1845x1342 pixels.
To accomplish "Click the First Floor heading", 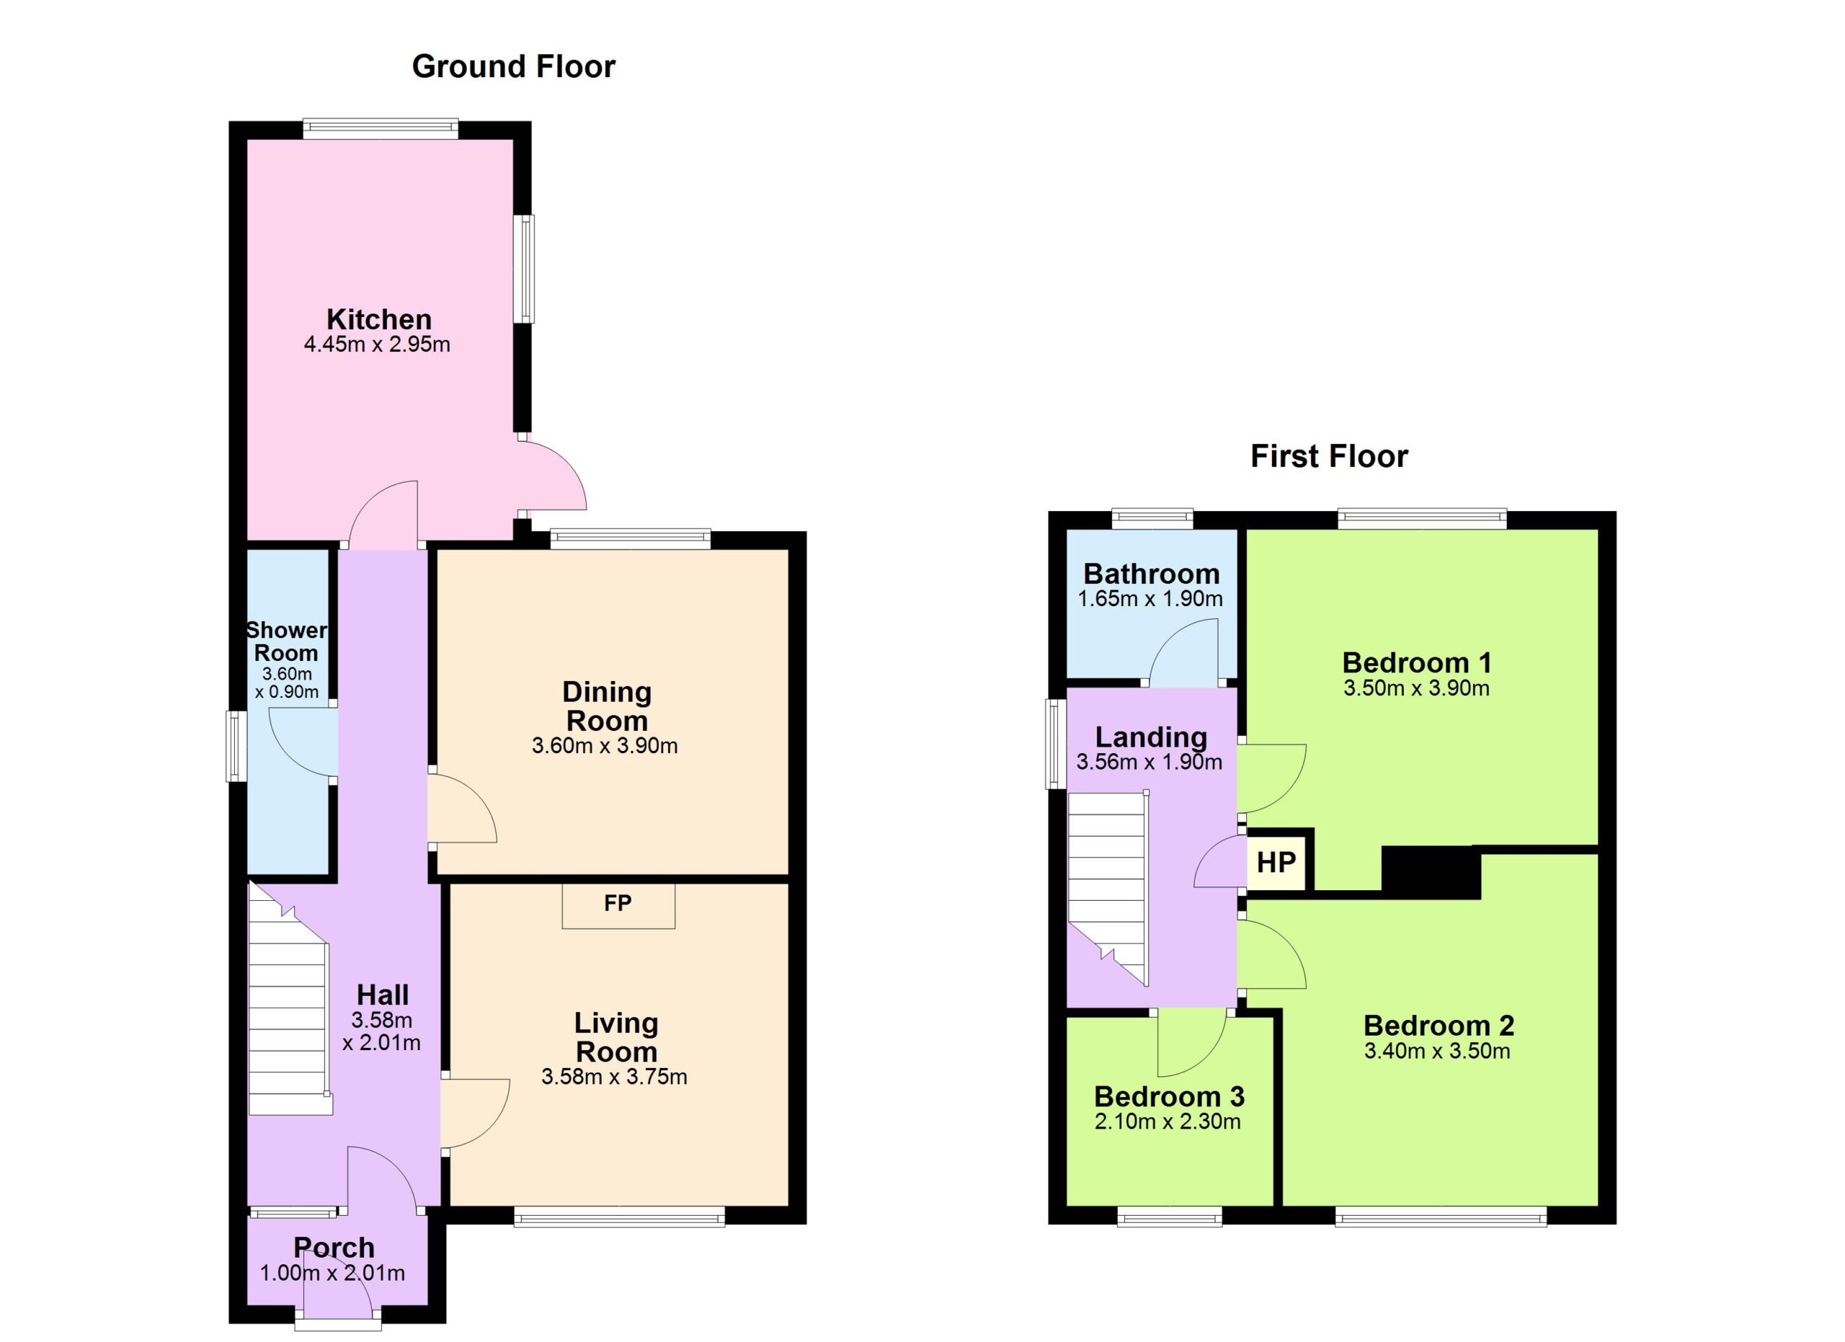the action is point(1328,456).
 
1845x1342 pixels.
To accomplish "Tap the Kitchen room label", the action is point(379,319).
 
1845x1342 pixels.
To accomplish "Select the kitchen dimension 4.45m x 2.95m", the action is point(377,344).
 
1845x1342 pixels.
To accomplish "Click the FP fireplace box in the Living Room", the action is point(618,905).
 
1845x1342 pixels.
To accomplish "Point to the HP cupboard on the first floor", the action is point(1276,861).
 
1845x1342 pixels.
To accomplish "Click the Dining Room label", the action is point(607,706).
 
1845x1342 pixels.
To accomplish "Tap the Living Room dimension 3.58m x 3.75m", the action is point(614,1077).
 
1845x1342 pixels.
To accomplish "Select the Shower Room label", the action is point(286,641).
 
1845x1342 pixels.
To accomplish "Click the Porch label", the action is point(334,1247).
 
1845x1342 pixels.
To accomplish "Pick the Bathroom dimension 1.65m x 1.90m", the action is point(1150,599).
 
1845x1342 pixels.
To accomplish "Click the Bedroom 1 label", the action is point(1416,662).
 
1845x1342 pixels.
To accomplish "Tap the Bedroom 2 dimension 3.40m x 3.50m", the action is point(1437,1051).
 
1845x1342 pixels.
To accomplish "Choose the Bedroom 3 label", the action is point(1169,1096).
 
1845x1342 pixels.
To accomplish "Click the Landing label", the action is point(1150,737).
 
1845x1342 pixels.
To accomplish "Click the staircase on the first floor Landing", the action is point(1108,887).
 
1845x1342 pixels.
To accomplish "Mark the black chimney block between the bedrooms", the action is point(1431,872).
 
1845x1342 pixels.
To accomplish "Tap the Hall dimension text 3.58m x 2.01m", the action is point(381,1031).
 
